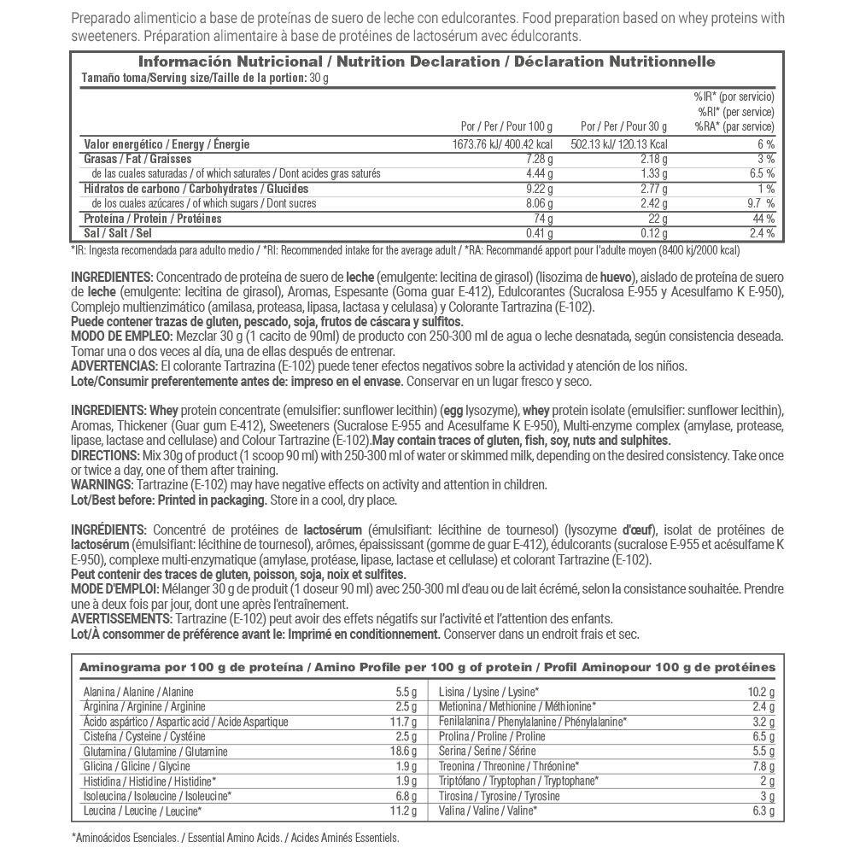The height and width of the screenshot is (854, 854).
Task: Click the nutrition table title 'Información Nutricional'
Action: pos(230,62)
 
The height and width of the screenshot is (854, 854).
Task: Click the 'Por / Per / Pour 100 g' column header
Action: pos(506,126)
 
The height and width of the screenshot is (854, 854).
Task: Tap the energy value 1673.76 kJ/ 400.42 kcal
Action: pos(502,144)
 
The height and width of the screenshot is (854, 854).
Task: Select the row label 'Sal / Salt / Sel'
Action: pos(118,233)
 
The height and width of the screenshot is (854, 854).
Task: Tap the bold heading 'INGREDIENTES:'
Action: pos(111,278)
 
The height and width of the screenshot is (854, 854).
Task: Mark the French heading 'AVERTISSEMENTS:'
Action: pos(121,619)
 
